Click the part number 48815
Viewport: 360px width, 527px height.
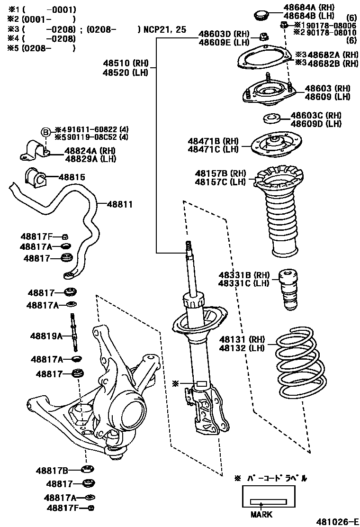72,177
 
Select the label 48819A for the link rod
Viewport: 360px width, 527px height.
46,336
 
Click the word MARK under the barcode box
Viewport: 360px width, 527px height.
261,514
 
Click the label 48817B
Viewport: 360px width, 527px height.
52,471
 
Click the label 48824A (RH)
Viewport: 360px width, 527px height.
83,150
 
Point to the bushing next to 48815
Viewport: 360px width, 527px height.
36,177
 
